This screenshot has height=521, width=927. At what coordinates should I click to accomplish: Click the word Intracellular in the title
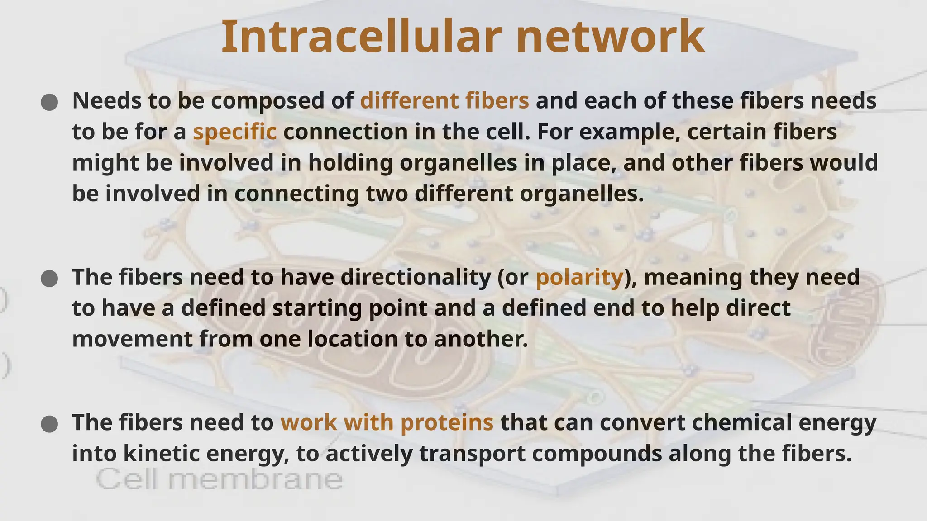(x=361, y=37)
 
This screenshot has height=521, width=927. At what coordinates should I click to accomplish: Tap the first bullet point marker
(x=49, y=102)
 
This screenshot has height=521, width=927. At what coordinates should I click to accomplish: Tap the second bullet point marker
(x=49, y=279)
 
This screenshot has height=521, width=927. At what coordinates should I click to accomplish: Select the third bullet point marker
(x=49, y=424)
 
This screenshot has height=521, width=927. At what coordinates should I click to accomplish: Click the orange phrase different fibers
(x=444, y=100)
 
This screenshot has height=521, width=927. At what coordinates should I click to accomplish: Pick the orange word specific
(x=234, y=132)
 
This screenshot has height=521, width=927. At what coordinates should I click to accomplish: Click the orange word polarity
(x=579, y=277)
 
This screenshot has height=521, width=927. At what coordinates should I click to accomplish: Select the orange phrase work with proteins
(x=387, y=422)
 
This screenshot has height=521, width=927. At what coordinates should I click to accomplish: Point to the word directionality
(x=415, y=277)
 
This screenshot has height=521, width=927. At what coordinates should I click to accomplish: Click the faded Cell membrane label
(x=220, y=479)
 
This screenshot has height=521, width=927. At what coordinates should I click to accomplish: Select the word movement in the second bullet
(x=132, y=339)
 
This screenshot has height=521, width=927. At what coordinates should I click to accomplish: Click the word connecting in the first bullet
(x=296, y=194)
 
